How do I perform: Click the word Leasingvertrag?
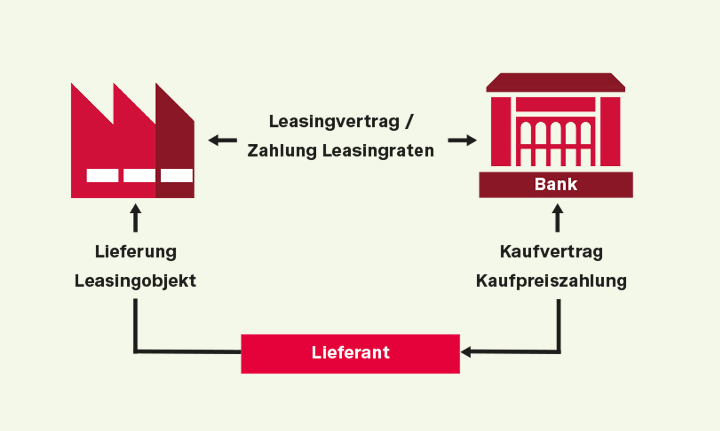tap(334, 122)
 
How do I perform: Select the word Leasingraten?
tap(378, 151)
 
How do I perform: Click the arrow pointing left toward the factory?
tap(222, 140)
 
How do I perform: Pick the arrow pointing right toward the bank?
tap(462, 140)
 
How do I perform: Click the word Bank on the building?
tap(556, 184)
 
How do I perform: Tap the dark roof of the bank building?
tap(555, 82)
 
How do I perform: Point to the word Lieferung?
tap(136, 252)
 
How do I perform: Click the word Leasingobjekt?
tap(135, 281)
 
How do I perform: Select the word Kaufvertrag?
tap(551, 252)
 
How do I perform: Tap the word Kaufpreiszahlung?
tap(551, 281)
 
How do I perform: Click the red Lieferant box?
tap(350, 354)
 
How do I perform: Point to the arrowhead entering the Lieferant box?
tap(466, 352)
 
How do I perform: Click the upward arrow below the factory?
tap(135, 218)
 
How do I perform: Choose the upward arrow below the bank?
tap(557, 218)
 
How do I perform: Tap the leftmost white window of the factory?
tap(103, 175)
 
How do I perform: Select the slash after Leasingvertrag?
tap(409, 122)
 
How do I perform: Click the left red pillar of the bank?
tap(501, 132)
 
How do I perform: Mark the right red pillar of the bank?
tap(610, 132)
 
